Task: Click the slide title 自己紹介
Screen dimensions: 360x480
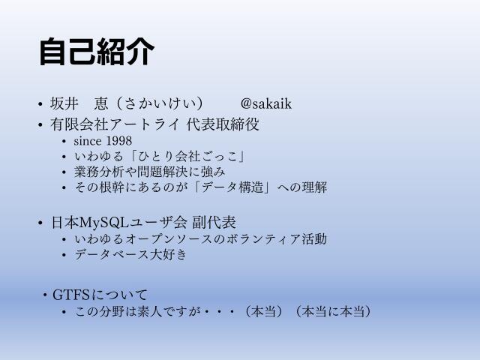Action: pos(97,52)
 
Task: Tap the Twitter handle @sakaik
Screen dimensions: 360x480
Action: pos(265,104)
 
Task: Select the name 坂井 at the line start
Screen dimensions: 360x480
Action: pos(63,104)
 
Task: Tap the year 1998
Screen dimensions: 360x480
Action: pos(119,141)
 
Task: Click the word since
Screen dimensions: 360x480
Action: pos(89,141)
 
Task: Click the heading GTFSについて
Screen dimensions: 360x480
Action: pos(100,294)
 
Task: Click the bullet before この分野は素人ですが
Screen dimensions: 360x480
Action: pos(64,311)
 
